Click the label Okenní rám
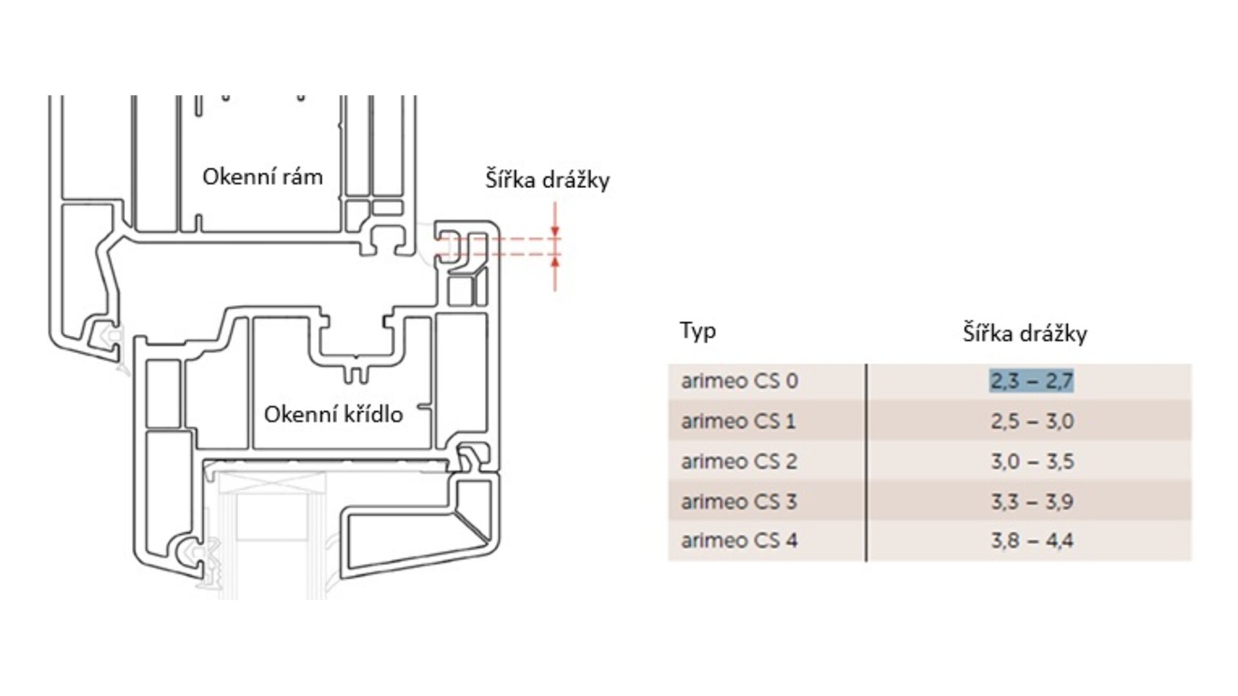pos(262,177)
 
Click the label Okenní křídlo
pos(333,414)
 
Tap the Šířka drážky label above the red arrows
pos(547,180)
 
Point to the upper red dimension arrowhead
pos(555,233)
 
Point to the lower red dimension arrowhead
pos(555,260)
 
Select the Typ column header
pos(698,331)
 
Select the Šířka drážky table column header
pos(1025,333)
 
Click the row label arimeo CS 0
pos(739,381)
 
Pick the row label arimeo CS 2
pos(739,461)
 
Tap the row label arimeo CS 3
pos(739,501)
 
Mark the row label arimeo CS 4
pos(739,540)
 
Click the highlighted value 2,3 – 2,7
pos(1032,381)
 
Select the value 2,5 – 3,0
pos(1032,421)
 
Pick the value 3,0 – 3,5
pos(1032,461)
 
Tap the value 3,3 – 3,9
pos(1032,501)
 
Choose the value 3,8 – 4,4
pos(1032,540)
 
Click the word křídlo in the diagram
pos(371,414)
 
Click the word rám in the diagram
pos(300,177)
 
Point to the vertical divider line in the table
pos(866,461)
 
